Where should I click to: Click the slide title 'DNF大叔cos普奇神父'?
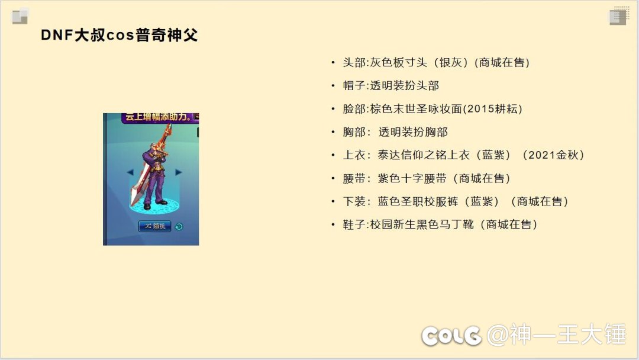(119, 35)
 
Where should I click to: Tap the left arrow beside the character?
(130, 172)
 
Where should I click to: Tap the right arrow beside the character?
(179, 172)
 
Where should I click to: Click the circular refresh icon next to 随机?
(179, 226)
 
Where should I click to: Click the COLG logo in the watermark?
(451, 336)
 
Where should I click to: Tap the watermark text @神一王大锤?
(556, 335)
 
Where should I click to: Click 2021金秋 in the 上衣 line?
(553, 155)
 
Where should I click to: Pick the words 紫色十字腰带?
(412, 178)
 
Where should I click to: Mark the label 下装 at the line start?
(354, 201)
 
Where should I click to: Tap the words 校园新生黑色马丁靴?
(422, 224)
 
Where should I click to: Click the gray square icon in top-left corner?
(20, 17)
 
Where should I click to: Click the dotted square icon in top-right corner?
(618, 16)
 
